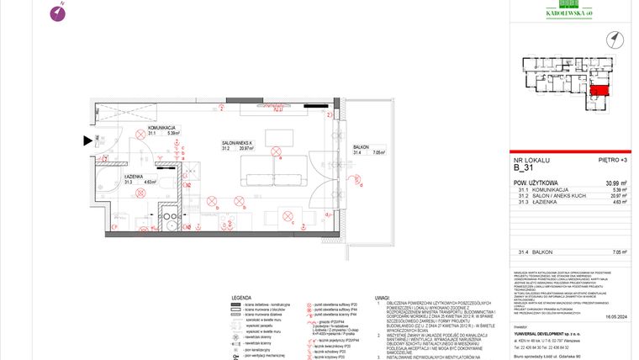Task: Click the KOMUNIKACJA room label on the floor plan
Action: pyautogui.click(x=161, y=126)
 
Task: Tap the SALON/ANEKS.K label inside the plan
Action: pyautogui.click(x=239, y=142)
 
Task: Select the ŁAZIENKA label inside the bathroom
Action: pyautogui.click(x=135, y=175)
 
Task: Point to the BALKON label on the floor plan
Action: pyautogui.click(x=361, y=146)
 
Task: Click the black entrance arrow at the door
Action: pyautogui.click(x=87, y=141)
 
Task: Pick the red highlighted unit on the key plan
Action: pyautogui.click(x=599, y=91)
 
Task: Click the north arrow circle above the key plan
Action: pyautogui.click(x=615, y=37)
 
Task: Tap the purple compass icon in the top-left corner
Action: pyautogui.click(x=58, y=12)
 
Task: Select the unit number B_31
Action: pyautogui.click(x=525, y=168)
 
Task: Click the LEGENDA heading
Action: pyautogui.click(x=242, y=297)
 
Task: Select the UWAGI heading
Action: pyautogui.click(x=382, y=297)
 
